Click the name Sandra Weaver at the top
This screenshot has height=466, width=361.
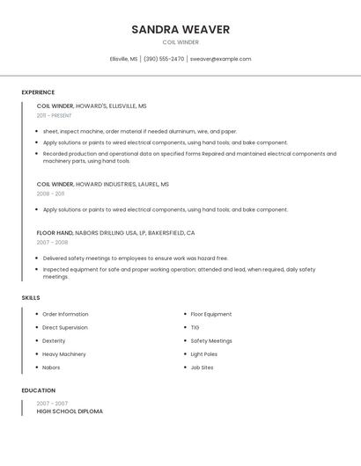(180, 29)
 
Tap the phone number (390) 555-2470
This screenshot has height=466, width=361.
(164, 59)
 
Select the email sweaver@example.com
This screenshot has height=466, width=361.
(220, 59)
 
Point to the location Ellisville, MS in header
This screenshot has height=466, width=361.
(123, 59)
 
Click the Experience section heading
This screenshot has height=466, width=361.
(38, 92)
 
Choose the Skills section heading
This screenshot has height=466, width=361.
(31, 298)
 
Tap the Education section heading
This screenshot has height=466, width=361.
(39, 390)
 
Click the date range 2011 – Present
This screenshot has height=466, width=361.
(54, 115)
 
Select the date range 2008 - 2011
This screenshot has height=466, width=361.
(50, 193)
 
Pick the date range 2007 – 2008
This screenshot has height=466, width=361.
(52, 242)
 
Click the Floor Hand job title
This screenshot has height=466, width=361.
(55, 233)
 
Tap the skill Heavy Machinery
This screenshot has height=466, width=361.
(64, 354)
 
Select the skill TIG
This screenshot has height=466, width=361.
(195, 327)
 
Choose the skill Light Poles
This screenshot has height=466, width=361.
(204, 354)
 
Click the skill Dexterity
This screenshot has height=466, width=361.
(54, 341)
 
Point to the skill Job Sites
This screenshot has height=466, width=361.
(202, 368)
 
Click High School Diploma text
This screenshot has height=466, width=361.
(70, 411)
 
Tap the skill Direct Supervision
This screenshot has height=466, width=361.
(65, 327)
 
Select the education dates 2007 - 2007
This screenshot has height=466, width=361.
(52, 404)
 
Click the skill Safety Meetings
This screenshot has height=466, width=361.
(211, 341)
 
